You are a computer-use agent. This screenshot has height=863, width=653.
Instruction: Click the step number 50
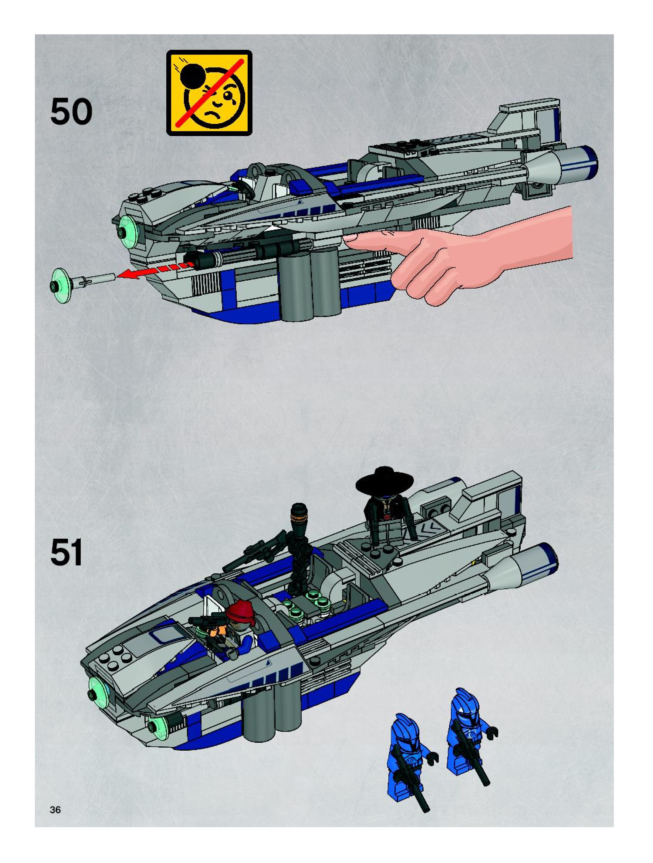[71, 112]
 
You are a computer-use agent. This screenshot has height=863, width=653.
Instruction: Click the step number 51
[67, 554]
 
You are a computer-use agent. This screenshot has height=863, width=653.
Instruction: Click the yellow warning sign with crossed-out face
[209, 93]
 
